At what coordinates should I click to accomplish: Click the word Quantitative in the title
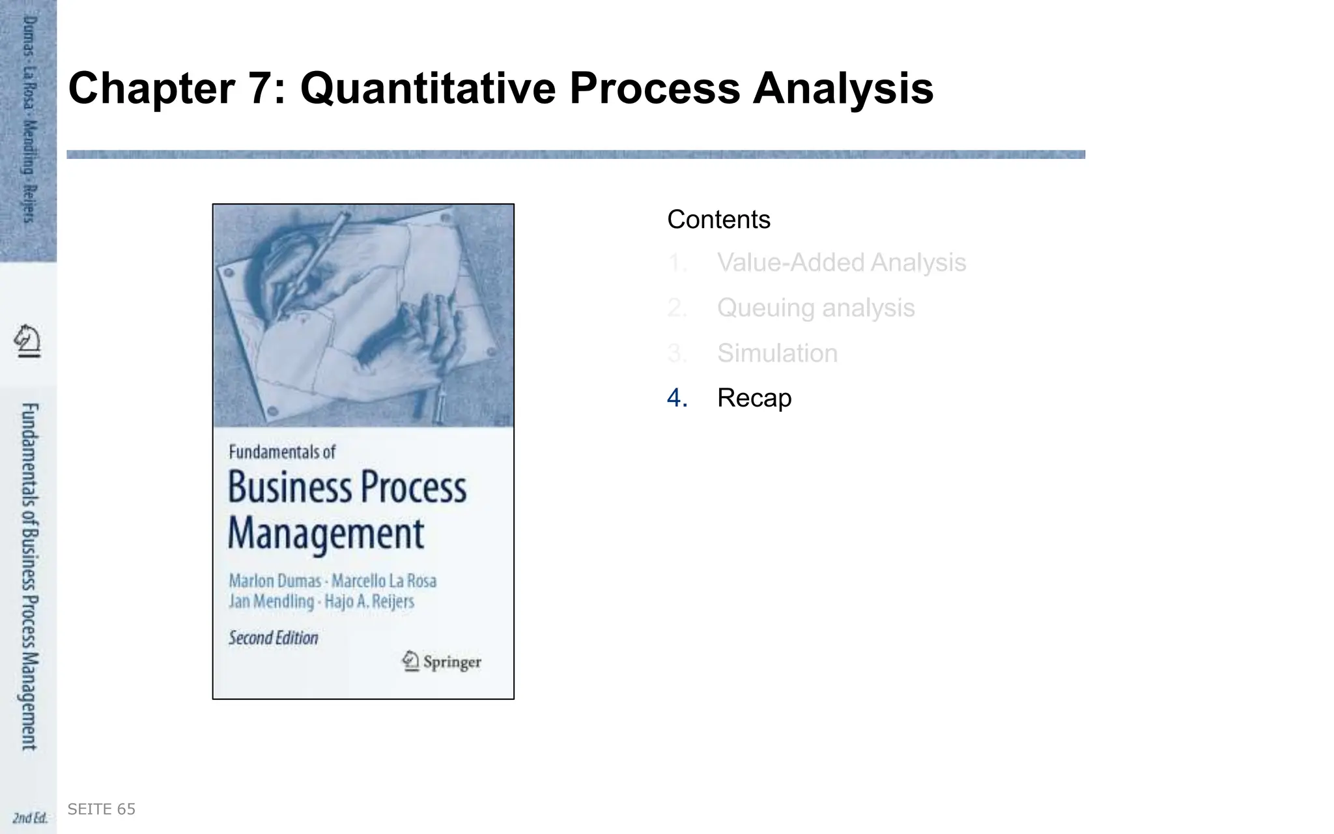tap(427, 89)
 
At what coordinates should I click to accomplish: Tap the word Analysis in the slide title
tap(843, 89)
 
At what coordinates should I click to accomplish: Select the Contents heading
tap(718, 220)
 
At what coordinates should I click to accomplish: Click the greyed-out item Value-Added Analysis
tap(841, 263)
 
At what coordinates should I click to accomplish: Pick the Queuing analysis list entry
tap(816, 308)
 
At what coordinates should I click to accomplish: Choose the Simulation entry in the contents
tap(777, 353)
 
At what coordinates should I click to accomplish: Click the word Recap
tap(754, 398)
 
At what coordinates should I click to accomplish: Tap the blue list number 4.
tap(677, 398)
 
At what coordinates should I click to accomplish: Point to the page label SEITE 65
tap(102, 809)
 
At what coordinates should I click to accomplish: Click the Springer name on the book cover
tap(451, 662)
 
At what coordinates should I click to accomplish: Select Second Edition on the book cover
tap(274, 638)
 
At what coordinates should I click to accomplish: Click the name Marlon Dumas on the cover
tap(275, 581)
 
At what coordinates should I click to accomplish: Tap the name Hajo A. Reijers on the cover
tap(369, 601)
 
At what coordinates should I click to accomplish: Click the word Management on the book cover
tap(326, 534)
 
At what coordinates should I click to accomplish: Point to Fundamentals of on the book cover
tap(282, 452)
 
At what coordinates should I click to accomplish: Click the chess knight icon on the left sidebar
tap(27, 341)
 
